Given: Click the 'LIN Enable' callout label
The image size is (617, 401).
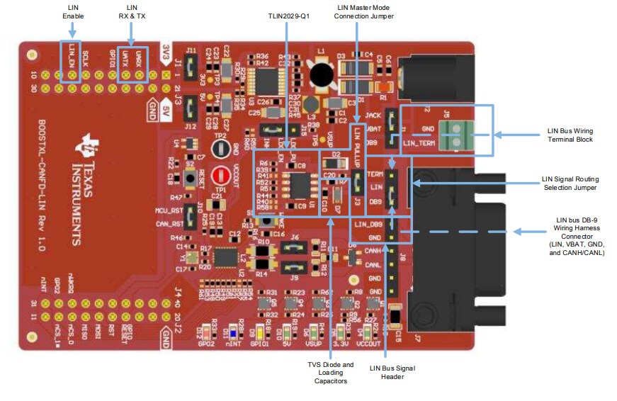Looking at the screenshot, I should coord(72,11).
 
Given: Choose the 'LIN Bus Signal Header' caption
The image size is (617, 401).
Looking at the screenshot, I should coord(393,373).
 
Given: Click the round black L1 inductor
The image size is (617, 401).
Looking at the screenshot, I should coord(323,73).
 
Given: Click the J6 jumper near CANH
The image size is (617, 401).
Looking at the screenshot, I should coord(293,247).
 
